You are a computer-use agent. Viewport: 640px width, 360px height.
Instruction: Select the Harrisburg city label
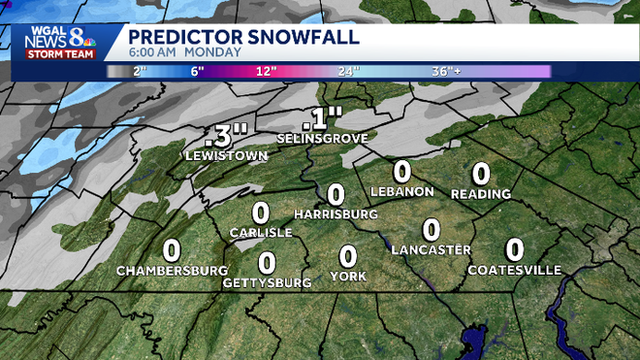[x=335, y=213]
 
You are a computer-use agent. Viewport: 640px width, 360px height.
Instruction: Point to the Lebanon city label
[x=401, y=191]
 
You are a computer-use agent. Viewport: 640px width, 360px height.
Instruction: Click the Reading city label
[x=480, y=194]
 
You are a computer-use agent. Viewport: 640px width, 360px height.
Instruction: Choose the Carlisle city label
[x=260, y=233]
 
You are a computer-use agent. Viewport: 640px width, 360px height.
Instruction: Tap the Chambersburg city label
[x=172, y=270]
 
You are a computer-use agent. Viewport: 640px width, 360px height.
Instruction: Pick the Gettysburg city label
[x=267, y=282]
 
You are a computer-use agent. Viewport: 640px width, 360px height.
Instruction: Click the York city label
[x=347, y=277]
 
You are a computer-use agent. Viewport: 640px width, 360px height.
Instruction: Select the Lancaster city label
[x=431, y=250]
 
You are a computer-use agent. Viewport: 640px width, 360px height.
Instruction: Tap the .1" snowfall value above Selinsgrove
[x=322, y=118]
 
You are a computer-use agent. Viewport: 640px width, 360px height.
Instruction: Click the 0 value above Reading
[x=480, y=174]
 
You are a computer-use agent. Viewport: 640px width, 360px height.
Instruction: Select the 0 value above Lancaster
[x=432, y=230]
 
